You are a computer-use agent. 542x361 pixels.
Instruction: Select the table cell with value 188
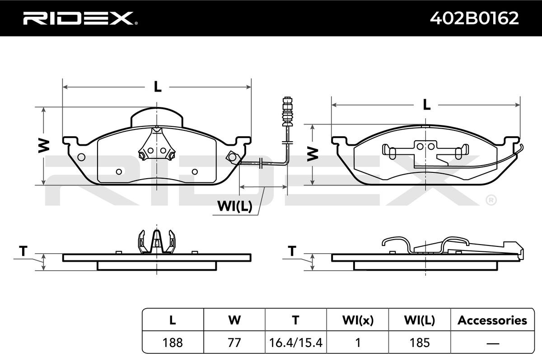tap(173, 342)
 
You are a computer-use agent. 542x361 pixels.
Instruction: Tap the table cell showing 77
tap(234, 342)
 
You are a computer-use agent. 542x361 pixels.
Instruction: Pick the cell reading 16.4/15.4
tap(295, 342)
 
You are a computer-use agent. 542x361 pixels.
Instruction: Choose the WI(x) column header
tap(357, 320)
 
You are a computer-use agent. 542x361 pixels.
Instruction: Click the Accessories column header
tap(492, 320)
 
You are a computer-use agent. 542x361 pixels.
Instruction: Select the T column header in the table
tap(295, 320)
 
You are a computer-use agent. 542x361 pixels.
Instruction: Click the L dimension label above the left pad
tap(157, 86)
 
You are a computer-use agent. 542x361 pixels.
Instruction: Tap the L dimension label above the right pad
tap(426, 105)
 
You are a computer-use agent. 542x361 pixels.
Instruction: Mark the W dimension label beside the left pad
tap(43, 146)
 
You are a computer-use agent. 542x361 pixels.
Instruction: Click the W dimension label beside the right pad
tap(312, 154)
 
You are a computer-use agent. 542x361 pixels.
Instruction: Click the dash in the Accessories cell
tap(492, 342)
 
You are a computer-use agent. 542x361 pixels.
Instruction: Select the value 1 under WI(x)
tap(357, 342)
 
